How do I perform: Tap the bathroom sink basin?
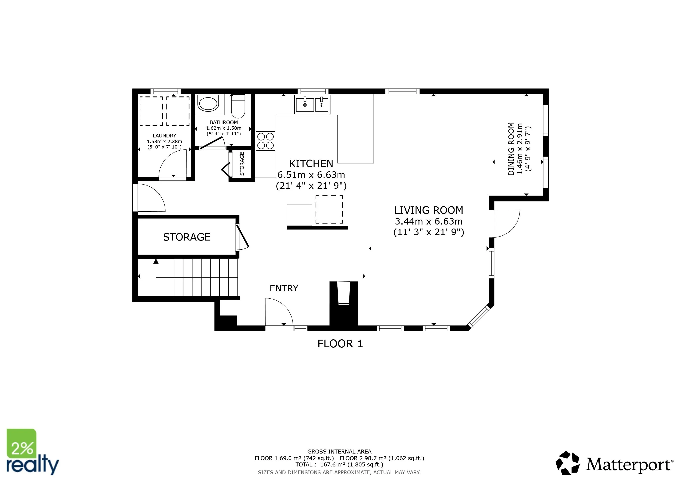coord(209,103)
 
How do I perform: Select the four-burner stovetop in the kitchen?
coord(265,141)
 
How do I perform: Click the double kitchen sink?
coord(312,104)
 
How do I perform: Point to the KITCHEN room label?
coord(311,164)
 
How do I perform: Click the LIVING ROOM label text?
coord(429,210)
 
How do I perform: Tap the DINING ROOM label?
coord(511,149)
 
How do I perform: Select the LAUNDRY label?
coord(164,136)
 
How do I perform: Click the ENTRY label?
coord(284,288)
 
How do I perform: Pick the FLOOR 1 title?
coord(340,344)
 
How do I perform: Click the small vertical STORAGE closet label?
coord(242,164)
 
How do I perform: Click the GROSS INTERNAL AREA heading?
coord(339,451)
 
